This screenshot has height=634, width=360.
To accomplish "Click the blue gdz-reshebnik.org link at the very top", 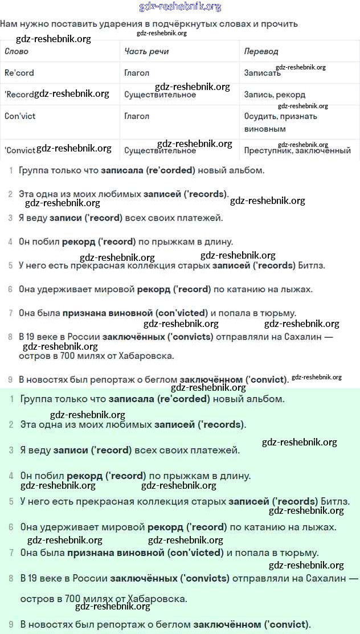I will [x=180, y=7].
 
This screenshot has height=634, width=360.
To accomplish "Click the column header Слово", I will [x=17, y=51].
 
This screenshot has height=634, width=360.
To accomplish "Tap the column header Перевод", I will [x=261, y=51].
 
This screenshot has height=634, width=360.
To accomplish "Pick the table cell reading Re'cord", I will [x=19, y=73].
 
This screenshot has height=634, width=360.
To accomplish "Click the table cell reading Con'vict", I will [x=20, y=116].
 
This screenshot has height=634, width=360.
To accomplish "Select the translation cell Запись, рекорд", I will [x=275, y=95].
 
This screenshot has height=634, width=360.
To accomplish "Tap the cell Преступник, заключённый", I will [x=297, y=151].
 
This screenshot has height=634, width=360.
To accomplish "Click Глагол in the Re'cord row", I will [x=137, y=73].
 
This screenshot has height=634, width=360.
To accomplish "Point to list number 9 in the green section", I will [x=11, y=624].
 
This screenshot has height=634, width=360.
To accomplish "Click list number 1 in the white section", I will [x=11, y=170].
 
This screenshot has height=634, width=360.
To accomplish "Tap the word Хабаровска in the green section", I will [x=154, y=599].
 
